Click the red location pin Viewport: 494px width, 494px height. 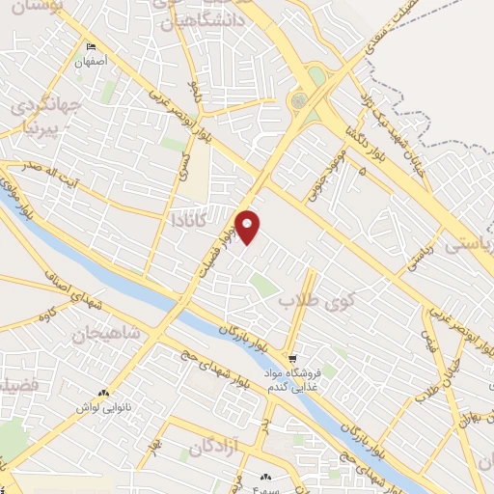tap(248, 225)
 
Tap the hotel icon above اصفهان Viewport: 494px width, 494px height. tap(92, 47)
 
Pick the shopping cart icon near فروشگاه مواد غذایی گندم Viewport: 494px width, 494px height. tap(292, 357)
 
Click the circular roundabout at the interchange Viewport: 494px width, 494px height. tap(300, 99)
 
